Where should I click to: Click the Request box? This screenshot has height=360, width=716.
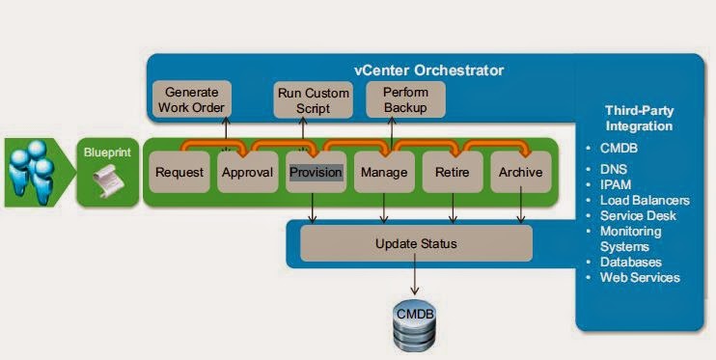[179, 172]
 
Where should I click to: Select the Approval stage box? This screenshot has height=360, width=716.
[247, 172]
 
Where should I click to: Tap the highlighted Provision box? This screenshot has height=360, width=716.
[316, 172]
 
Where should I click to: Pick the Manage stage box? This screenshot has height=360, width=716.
[384, 172]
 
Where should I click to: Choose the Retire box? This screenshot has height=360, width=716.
[453, 172]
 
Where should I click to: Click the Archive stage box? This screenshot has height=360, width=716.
[520, 172]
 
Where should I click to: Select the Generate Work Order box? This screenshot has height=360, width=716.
[191, 99]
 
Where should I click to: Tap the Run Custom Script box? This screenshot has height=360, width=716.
[314, 99]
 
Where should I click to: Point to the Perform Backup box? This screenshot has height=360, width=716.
[405, 99]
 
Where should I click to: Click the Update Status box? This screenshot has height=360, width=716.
[416, 243]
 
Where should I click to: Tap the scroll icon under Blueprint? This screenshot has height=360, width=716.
[105, 180]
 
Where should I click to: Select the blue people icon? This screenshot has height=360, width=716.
[32, 172]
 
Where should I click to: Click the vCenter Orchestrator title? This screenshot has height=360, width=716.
[428, 70]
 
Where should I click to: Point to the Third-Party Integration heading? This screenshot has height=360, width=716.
[639, 118]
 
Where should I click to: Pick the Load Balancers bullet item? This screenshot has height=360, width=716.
[639, 200]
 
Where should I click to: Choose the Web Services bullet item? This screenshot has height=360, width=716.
[633, 277]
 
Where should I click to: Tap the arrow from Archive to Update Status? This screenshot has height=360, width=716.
[520, 208]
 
